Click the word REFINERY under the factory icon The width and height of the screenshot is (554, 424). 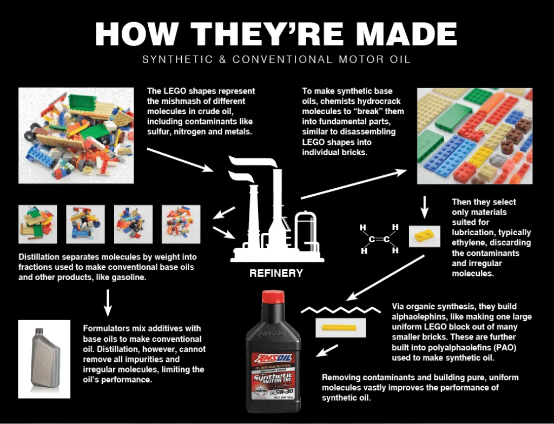point(276,273)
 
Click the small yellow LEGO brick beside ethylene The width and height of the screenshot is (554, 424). point(423,236)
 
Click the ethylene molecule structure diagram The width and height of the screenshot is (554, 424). point(379,239)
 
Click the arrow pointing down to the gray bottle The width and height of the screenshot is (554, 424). point(107,302)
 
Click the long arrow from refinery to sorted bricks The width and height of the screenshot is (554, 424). point(354,184)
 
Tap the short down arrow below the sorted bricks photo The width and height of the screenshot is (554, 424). point(425,205)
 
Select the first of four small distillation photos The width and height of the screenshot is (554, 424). point(38,224)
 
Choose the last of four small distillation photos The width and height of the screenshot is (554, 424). point(181,224)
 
